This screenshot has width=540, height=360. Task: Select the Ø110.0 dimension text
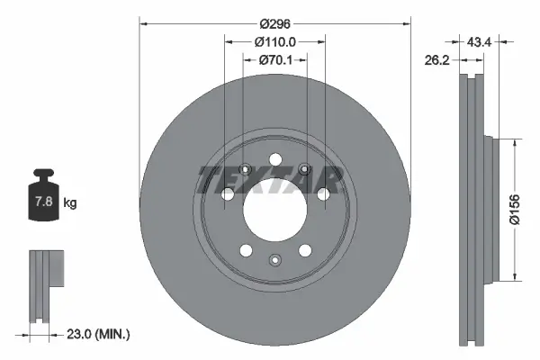[x=275, y=42]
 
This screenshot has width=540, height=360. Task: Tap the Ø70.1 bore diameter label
[x=275, y=60]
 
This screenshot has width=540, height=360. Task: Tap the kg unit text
[x=70, y=203]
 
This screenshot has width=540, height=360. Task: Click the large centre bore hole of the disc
[x=274, y=211]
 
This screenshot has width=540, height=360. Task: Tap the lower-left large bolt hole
[x=245, y=252]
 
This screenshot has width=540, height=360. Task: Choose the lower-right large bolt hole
[x=306, y=252]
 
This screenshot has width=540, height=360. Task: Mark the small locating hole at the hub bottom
[x=275, y=260]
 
